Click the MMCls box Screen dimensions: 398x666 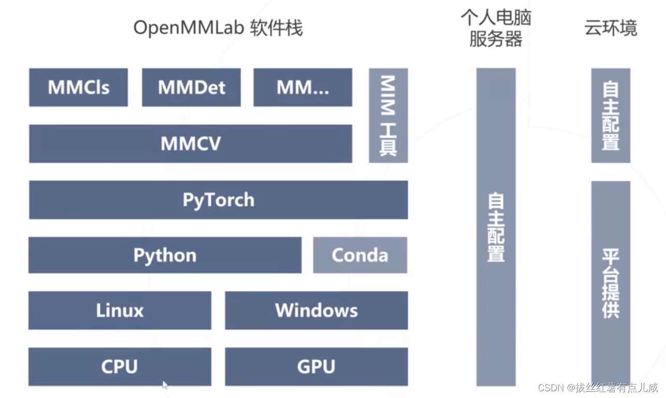tap(78, 87)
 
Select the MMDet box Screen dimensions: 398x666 tap(191, 87)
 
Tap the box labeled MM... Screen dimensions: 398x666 tap(303, 87)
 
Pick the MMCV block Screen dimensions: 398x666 tap(190, 143)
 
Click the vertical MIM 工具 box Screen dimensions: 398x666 tap(388, 116)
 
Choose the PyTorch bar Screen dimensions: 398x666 tap(218, 200)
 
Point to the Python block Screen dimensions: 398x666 tap(165, 255)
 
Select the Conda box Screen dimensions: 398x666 tap(360, 255)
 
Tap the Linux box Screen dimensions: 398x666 tap(120, 310)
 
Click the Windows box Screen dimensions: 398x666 tap(316, 310)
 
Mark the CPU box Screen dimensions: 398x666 tap(120, 366)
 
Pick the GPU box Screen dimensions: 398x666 tap(316, 366)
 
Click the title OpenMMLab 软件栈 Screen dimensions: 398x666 tap(218, 28)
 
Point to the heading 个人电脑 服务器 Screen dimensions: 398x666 tap(495, 28)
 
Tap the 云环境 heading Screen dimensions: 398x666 tap(611, 28)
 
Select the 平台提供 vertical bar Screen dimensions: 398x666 tap(611, 283)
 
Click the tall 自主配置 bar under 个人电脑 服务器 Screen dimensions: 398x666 tap(496, 227)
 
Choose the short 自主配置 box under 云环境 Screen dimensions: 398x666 tap(611, 115)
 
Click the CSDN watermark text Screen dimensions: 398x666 tap(598, 388)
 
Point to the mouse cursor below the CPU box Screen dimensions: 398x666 tap(165, 385)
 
